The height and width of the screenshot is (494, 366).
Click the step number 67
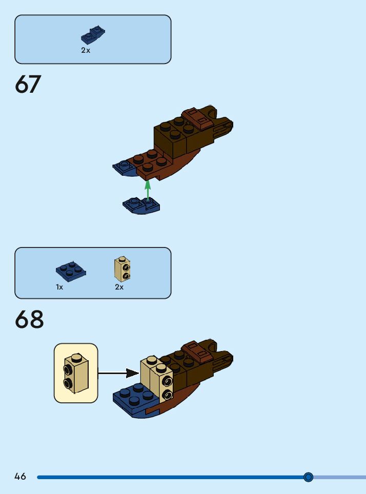point(28,85)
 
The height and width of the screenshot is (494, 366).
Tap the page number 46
point(20,477)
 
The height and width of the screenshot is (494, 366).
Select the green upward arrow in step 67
point(148,189)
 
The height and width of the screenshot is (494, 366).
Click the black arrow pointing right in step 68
point(118,373)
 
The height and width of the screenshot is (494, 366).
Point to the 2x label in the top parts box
point(85,50)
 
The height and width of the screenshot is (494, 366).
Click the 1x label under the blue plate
point(59,287)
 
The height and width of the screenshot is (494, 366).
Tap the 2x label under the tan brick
point(119,287)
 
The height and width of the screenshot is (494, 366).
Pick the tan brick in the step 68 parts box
point(122,269)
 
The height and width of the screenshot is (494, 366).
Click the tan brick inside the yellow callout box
point(75,373)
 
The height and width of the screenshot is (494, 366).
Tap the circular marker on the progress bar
point(308,477)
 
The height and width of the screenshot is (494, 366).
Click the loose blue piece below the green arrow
point(141,205)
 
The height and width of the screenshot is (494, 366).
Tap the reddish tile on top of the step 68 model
point(198,352)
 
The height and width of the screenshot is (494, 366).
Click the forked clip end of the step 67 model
point(223,127)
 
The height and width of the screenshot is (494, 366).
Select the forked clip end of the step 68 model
point(223,360)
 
